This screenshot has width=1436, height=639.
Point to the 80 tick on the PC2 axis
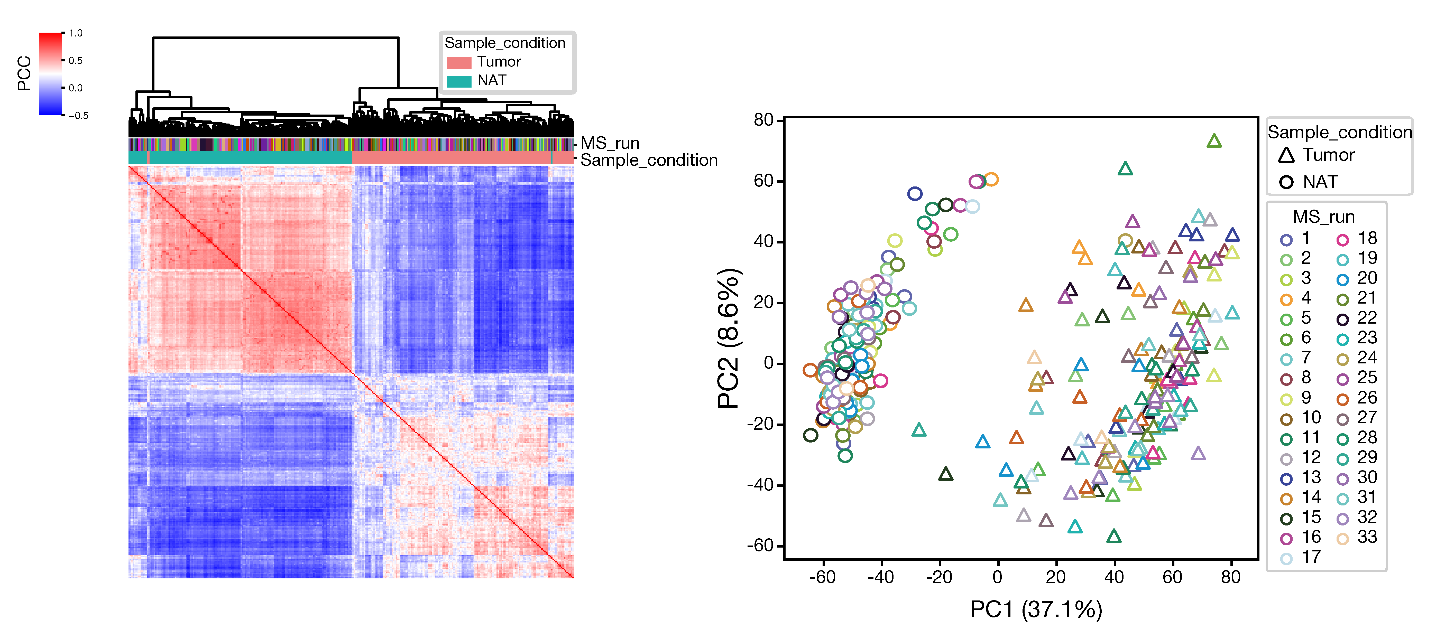click(764, 120)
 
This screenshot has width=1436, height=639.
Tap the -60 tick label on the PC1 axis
click(822, 577)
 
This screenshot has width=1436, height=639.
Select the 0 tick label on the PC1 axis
click(997, 577)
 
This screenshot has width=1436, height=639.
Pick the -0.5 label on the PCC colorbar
click(78, 115)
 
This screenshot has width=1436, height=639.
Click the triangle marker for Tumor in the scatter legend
click(1286, 155)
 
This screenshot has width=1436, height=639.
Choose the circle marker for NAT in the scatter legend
click(1286, 182)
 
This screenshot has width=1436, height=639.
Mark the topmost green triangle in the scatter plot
click(1214, 141)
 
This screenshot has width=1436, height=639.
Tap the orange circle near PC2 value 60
click(991, 179)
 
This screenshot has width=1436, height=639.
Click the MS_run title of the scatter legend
click(1323, 217)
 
